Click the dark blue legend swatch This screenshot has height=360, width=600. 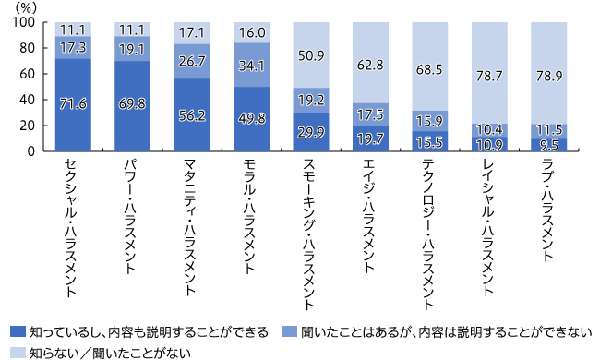tap(16, 330)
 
